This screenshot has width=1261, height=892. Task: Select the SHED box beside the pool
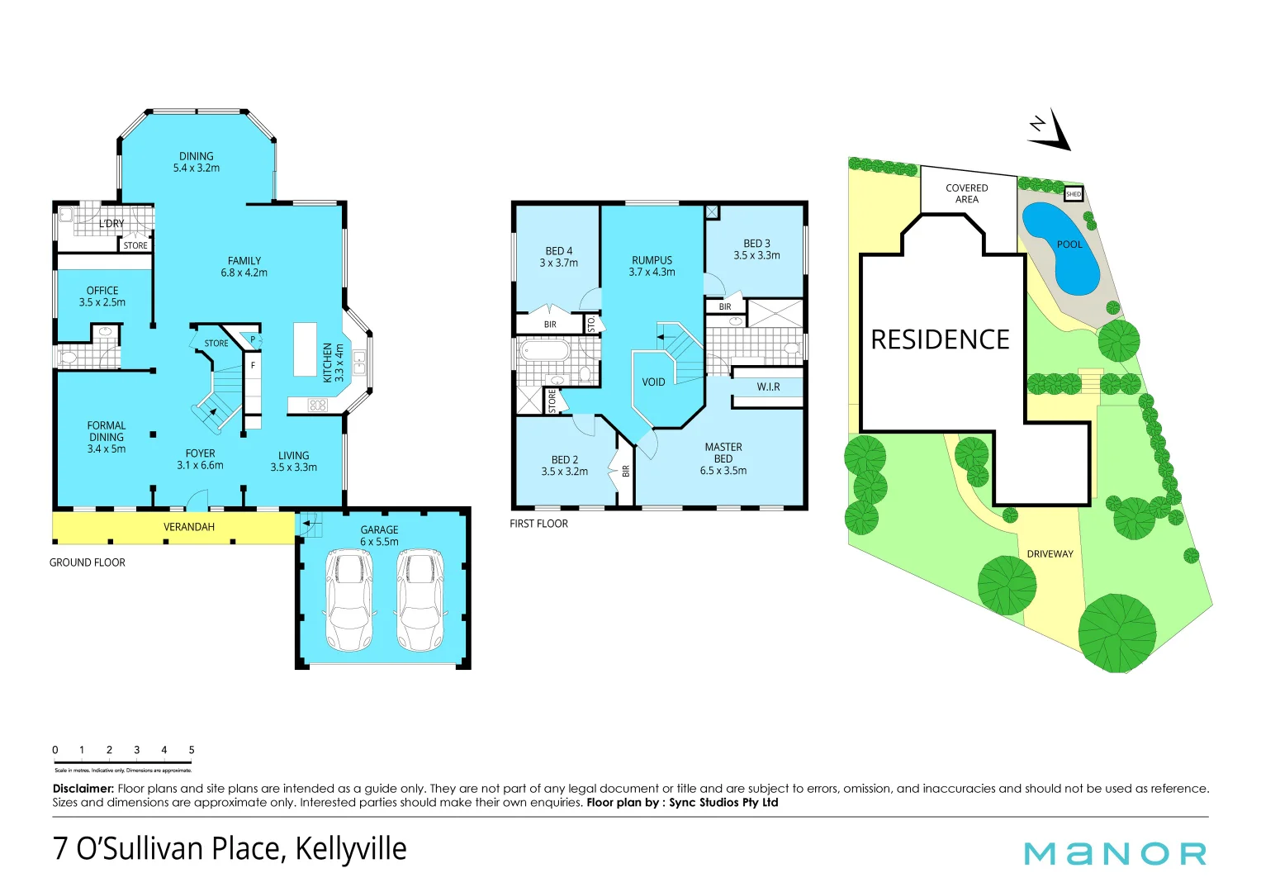pos(1073,194)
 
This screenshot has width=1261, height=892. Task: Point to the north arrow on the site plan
pos(1050,130)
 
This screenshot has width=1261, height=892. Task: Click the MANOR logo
pos(1115,853)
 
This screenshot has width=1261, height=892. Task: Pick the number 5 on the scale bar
pos(192,750)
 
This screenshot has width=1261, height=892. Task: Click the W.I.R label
pos(768,387)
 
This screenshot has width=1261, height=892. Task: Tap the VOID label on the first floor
pos(653,382)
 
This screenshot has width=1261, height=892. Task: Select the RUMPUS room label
pos(652,260)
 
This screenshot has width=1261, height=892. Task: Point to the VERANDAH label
pos(189,527)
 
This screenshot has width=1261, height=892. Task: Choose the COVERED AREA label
pos(967,193)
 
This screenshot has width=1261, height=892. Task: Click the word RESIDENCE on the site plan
pos(940,339)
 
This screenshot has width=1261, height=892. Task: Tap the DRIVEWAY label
pos(1050,554)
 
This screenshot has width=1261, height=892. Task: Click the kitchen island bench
pos(305,349)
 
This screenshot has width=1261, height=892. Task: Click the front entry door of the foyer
pos(197,501)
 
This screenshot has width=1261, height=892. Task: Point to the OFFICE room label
pos(102,291)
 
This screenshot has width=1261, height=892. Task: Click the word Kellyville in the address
pos(351,848)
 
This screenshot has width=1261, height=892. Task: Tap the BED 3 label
pos(756,244)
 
